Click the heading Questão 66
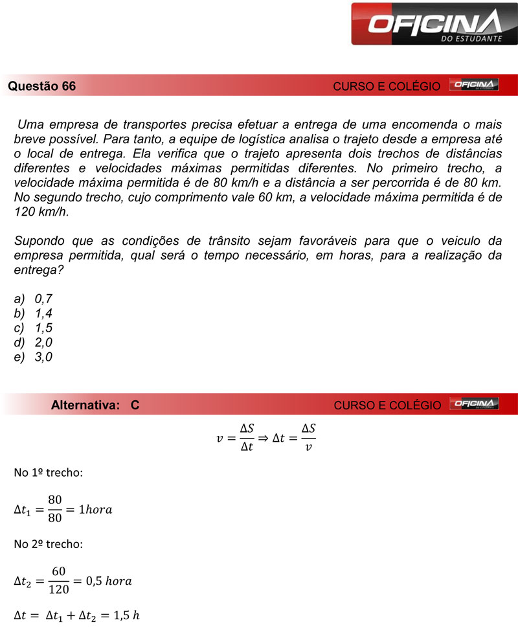[42, 86]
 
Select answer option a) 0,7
[34, 299]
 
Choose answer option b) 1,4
[34, 313]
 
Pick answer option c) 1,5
[34, 328]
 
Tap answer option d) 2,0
[34, 342]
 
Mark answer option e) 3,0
[34, 357]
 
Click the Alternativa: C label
[95, 405]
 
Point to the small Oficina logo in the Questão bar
[473, 85]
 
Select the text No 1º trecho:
[48, 473]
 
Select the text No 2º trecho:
[48, 544]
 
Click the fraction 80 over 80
[54, 509]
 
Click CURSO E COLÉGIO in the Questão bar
[387, 86]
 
